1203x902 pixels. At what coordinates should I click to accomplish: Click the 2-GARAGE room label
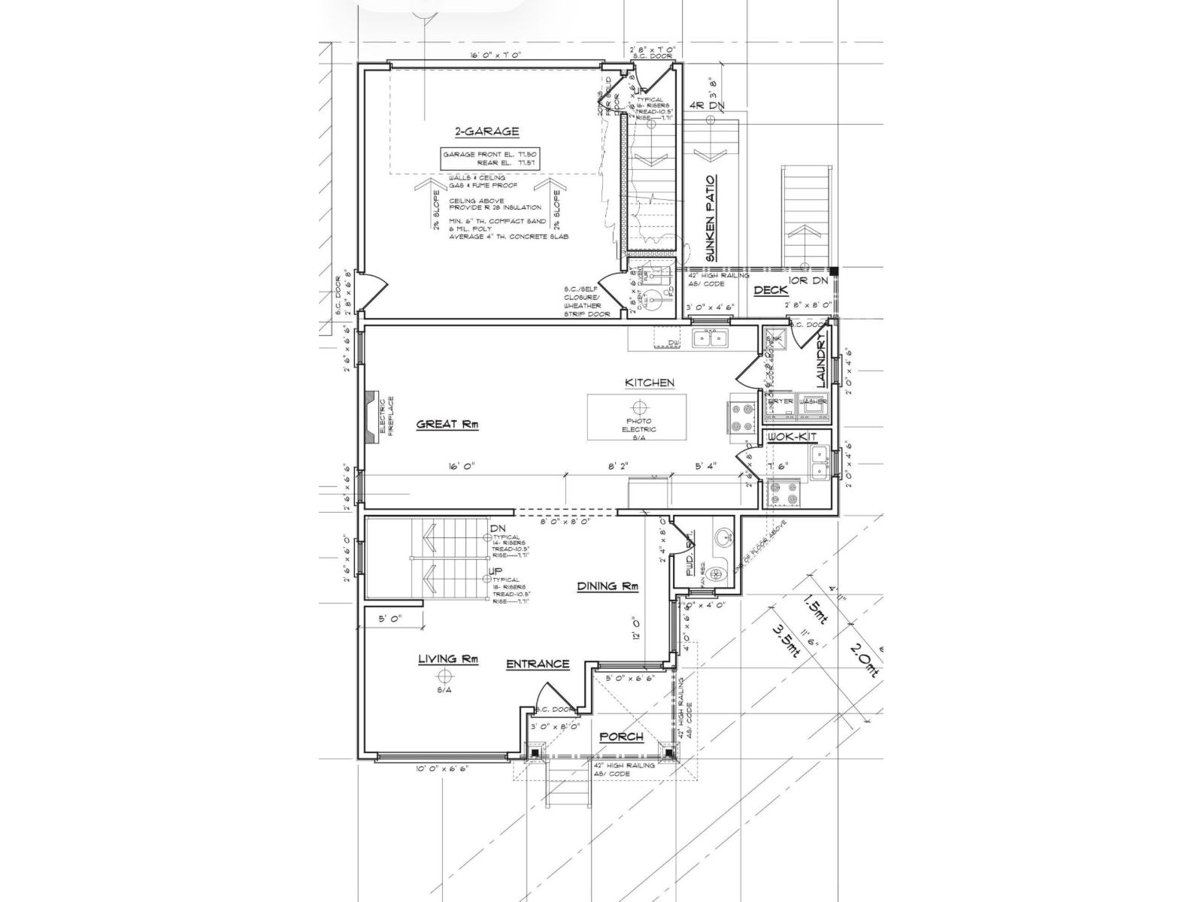[486, 132]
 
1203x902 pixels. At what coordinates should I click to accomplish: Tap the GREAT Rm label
[448, 425]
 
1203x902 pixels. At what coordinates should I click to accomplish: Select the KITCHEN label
[650, 383]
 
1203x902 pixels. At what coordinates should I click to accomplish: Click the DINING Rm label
[608, 586]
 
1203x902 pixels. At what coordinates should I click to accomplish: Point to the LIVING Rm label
[448, 659]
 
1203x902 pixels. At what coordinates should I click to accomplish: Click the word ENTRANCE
[537, 664]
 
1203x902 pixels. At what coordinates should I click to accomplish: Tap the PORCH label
[621, 737]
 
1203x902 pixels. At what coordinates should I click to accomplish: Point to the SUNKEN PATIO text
[711, 219]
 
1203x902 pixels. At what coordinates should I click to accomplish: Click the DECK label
[770, 290]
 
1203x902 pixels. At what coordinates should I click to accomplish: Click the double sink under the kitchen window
[710, 338]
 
